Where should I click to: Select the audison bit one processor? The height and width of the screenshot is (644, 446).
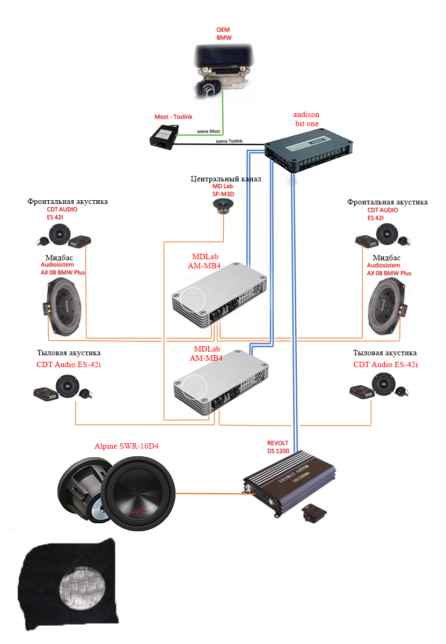tap(309, 150)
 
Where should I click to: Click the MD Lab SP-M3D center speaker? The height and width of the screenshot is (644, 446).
tap(223, 206)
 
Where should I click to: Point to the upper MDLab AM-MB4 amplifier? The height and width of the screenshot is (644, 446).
tap(220, 295)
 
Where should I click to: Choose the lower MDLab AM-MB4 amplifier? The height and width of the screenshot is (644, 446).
tap(221, 382)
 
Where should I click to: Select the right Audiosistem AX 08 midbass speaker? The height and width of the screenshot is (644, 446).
tap(387, 308)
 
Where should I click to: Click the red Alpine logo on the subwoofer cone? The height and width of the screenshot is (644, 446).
tap(139, 511)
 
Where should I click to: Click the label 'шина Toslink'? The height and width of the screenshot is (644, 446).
tap(229, 141)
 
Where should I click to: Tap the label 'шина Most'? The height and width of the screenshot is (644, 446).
tap(208, 131)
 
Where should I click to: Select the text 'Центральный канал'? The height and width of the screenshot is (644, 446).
tap(226, 179)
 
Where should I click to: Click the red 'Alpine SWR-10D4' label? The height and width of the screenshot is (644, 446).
tap(126, 446)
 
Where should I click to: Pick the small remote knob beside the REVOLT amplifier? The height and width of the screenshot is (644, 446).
tap(314, 513)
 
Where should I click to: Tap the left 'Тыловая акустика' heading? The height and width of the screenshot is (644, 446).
tap(69, 353)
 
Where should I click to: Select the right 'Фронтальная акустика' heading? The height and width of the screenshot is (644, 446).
tap(387, 202)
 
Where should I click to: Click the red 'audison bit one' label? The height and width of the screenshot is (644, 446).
tap(306, 119)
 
